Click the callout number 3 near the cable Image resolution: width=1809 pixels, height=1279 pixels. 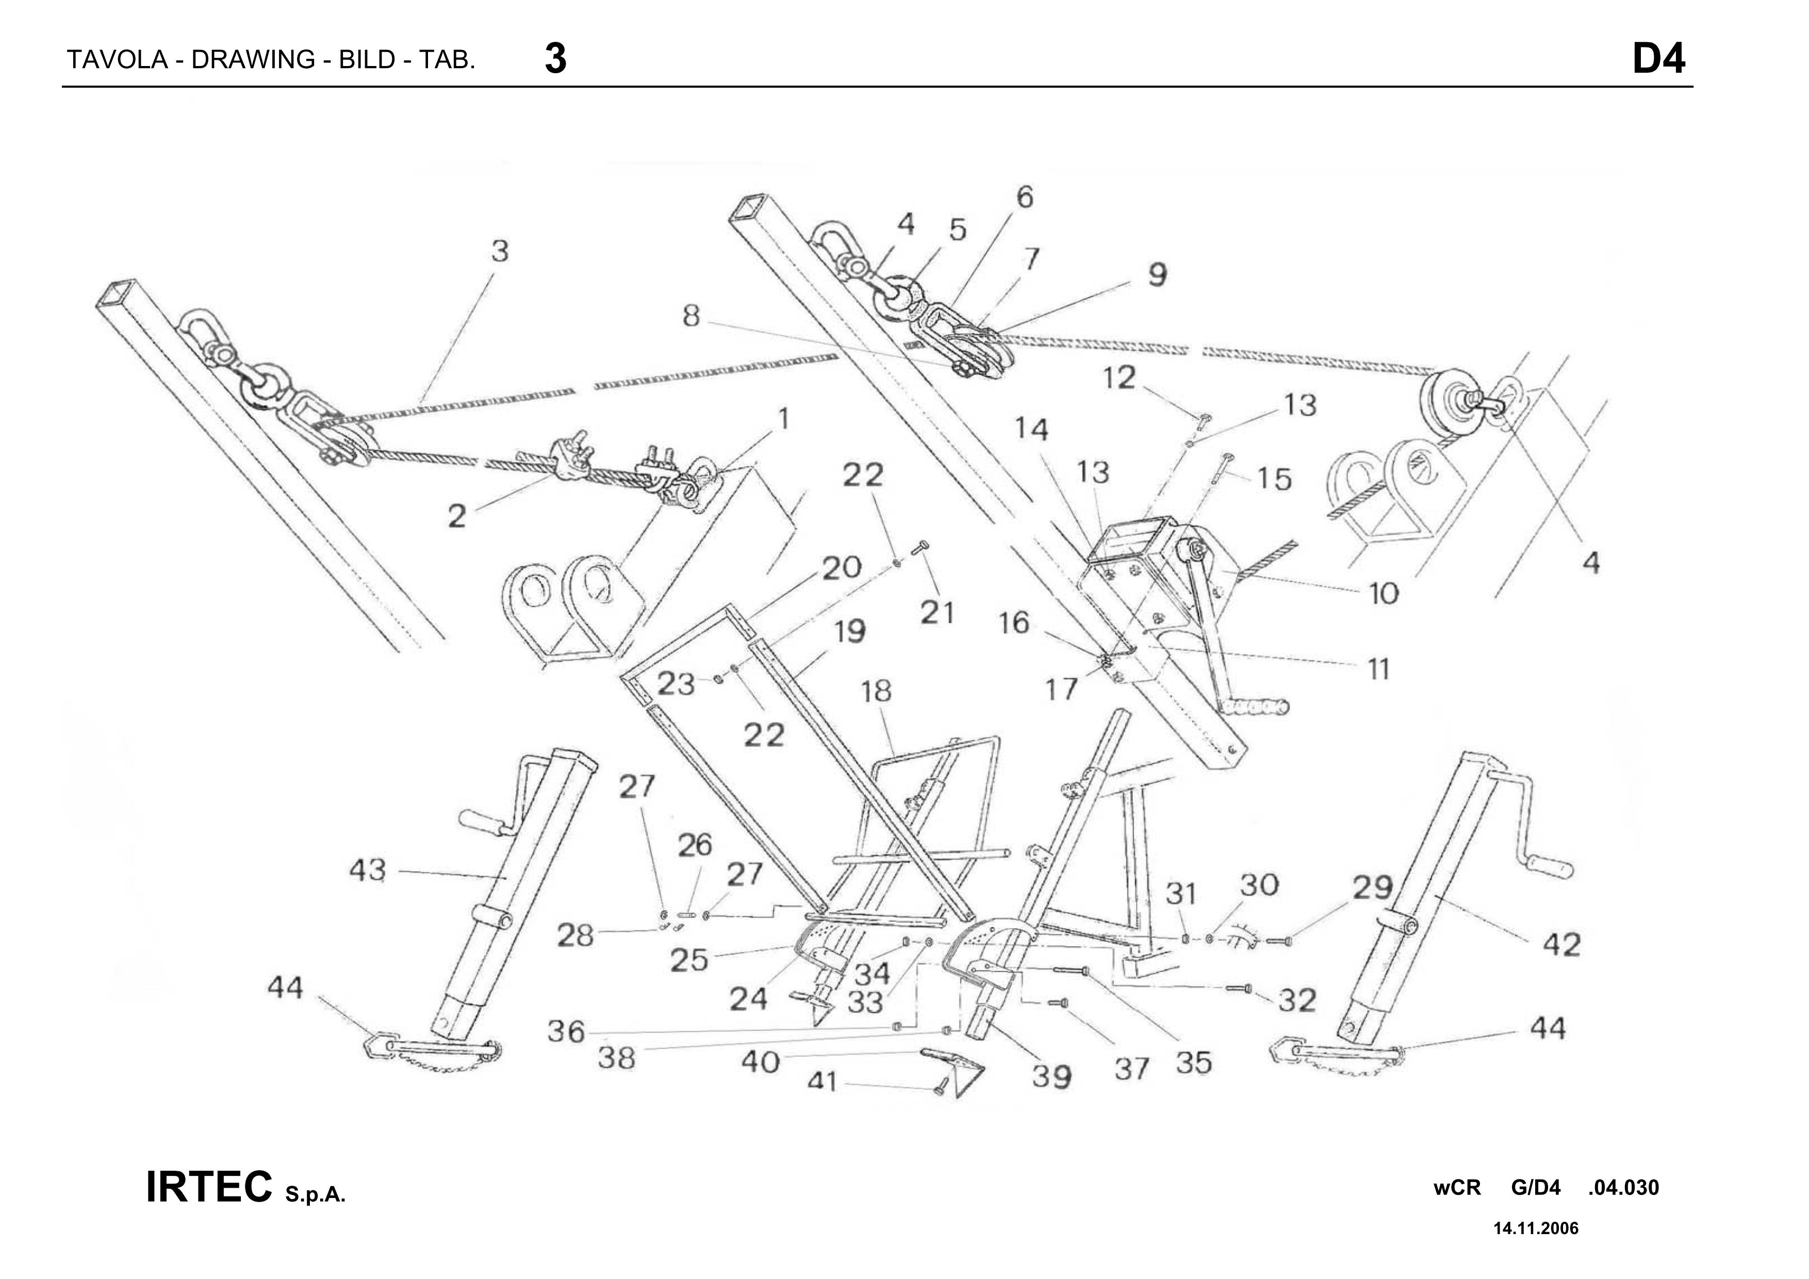[x=500, y=251]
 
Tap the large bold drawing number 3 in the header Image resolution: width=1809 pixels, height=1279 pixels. [x=555, y=59]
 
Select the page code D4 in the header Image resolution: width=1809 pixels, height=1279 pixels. [x=1658, y=59]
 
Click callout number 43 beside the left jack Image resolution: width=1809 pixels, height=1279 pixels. [x=367, y=871]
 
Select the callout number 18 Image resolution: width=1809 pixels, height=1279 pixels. [x=876, y=691]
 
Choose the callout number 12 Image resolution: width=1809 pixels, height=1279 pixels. [x=1118, y=378]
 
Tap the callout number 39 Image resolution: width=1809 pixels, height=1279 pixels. [x=1052, y=1076]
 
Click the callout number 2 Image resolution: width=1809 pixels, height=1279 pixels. [x=457, y=517]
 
